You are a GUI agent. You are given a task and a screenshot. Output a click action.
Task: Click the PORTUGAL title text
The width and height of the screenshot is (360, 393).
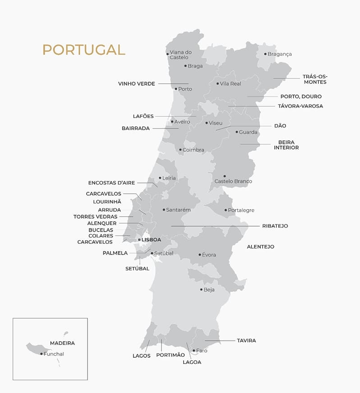tap(83, 50)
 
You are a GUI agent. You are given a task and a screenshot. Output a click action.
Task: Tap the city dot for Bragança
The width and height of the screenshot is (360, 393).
tap(265, 54)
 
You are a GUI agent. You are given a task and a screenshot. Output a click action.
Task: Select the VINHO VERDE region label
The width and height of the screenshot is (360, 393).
tap(136, 84)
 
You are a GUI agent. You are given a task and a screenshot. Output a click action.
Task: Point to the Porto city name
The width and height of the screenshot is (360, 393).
tap(185, 89)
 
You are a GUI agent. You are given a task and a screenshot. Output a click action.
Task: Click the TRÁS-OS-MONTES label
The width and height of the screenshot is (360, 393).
tap(315, 79)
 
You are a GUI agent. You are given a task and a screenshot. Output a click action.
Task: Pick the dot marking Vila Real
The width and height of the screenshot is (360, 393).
tap(217, 83)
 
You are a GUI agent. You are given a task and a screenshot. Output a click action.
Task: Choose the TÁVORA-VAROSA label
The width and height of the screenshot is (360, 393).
tap(300, 106)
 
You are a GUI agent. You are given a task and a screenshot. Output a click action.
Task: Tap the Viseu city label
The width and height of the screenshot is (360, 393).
tap(216, 123)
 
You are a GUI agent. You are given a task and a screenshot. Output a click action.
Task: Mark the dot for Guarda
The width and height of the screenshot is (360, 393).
tap(237, 132)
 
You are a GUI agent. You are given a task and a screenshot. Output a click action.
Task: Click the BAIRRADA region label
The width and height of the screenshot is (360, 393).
tap(135, 128)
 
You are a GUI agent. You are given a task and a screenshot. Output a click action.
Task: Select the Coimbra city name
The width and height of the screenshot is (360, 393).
tap(193, 150)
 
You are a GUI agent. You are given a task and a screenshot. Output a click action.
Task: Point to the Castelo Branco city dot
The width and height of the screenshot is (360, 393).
tap(225, 176)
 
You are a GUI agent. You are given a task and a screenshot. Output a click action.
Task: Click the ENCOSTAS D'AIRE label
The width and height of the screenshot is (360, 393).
tap(111, 183)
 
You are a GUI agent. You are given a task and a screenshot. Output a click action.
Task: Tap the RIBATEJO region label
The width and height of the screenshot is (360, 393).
tap(275, 226)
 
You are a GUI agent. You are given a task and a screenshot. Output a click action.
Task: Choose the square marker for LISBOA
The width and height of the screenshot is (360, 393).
tap(139, 240)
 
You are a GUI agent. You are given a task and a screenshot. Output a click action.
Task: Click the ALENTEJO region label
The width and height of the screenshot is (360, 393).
tap(260, 247)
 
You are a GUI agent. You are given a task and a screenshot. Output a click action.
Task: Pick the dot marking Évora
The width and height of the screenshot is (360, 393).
tap(200, 255)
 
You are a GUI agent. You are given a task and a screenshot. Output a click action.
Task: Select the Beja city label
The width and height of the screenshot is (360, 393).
tap(209, 290)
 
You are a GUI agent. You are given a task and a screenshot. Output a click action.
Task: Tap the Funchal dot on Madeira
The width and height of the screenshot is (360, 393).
tap(42, 354)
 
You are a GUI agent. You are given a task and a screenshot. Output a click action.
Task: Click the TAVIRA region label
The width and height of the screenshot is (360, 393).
tap(246, 341)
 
